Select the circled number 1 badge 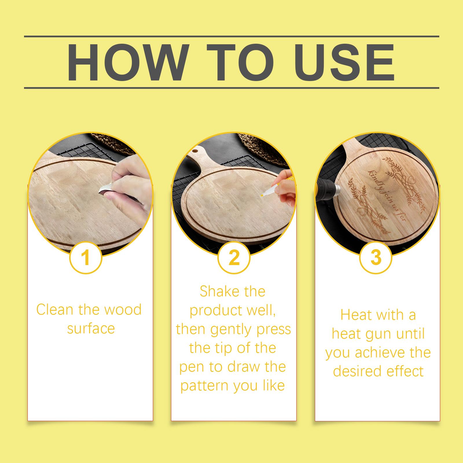coord(86,257)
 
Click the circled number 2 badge coord(234,257)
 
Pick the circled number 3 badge coord(376,257)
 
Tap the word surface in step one coord(91,328)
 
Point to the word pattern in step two coord(204,385)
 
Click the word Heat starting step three coord(355,315)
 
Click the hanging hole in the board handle coord(196,150)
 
